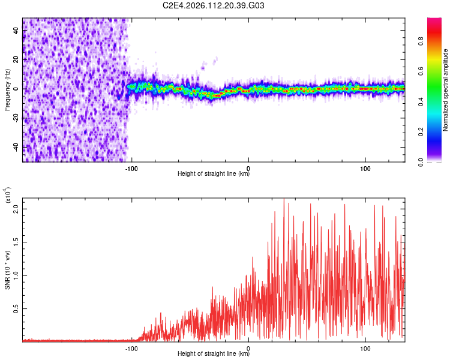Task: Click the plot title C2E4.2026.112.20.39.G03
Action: pos(214,6)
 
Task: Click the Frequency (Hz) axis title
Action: pos(7,89)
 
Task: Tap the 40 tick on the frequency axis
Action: pos(16,30)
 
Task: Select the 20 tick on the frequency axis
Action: pos(16,59)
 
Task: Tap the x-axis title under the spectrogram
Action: pos(214,174)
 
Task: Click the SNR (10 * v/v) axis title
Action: pos(7,267)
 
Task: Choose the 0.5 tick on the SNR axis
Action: pos(16,308)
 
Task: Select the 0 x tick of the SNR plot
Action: pos(248,347)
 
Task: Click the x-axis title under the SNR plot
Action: pos(214,355)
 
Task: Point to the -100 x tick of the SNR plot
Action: pos(131,347)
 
